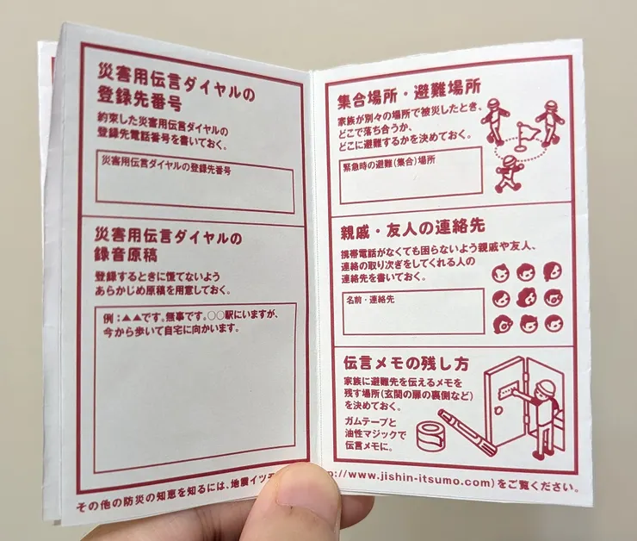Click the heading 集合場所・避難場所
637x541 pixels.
[409, 87]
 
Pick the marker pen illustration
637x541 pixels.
[467, 432]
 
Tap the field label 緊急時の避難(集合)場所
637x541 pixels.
[387, 160]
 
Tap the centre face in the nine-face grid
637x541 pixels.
[527, 299]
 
